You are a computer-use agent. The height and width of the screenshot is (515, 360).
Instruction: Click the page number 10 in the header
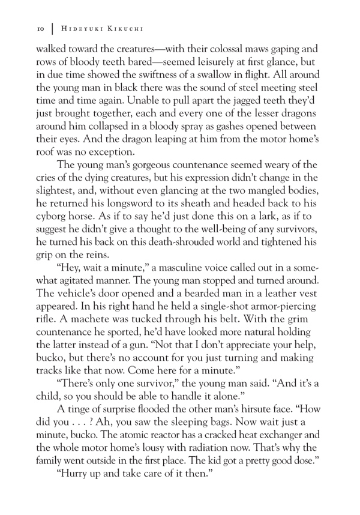point(41,28)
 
